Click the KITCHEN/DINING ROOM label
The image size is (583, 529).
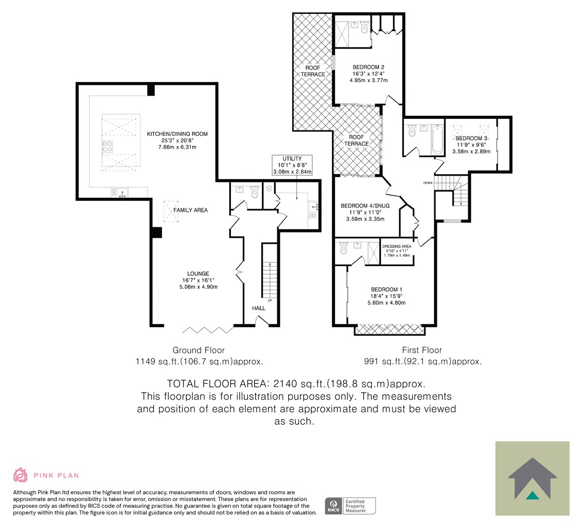177,134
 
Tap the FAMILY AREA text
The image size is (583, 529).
191,210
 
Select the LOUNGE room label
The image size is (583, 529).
198,273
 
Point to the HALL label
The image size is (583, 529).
259,308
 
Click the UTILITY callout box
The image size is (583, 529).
292,165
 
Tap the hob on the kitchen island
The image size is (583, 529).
108,147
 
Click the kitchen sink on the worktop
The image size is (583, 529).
122,192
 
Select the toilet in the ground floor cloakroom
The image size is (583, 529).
255,192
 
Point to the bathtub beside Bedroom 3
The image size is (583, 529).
437,139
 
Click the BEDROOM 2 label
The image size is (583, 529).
369,67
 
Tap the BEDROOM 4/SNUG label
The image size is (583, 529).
365,206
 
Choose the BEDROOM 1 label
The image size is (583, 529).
387,289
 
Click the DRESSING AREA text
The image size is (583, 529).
397,246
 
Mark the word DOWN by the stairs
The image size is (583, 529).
428,183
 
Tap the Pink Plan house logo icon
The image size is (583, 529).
21,475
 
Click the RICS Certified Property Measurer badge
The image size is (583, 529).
350,506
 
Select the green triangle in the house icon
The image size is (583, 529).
532,495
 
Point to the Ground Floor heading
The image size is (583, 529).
198,350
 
